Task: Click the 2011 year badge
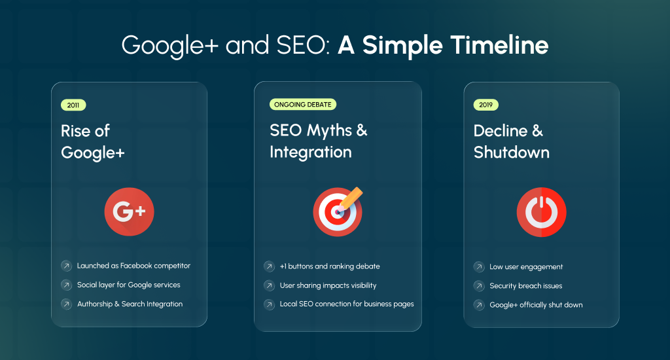[x=73, y=105]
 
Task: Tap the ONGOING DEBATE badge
[x=303, y=105]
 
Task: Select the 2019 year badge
[x=485, y=105]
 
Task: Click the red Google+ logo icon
[x=129, y=211]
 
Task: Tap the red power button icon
[x=541, y=211]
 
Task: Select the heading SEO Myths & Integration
[x=319, y=141]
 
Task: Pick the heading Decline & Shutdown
[x=511, y=141]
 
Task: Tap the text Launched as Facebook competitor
[x=133, y=266]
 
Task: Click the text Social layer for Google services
[x=128, y=285]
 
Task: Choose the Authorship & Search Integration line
[x=130, y=304]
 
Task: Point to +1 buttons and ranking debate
[x=330, y=266]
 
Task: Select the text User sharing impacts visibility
[x=328, y=285]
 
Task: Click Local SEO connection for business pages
[x=347, y=304]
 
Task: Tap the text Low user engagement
[x=526, y=267]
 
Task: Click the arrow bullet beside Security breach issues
[x=478, y=286]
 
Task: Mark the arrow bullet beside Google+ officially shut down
[x=478, y=305]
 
